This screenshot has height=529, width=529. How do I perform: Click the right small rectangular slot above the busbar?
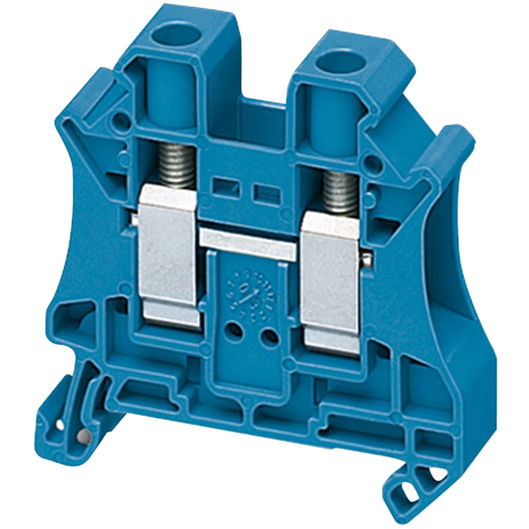(263, 193)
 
